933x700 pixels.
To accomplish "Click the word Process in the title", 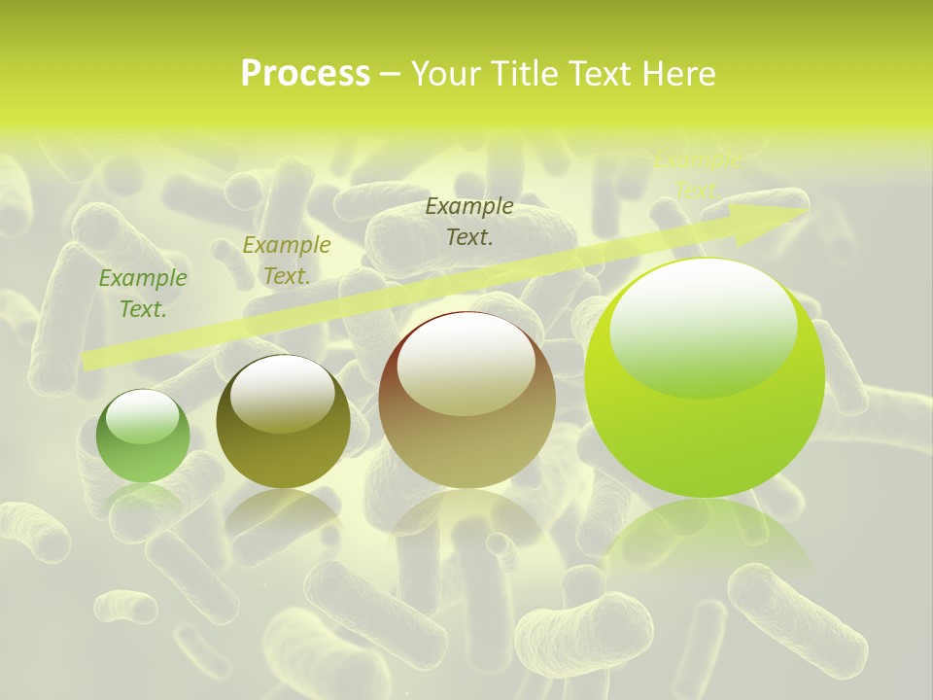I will click(x=305, y=74).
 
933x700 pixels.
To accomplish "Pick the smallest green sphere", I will click(x=143, y=437).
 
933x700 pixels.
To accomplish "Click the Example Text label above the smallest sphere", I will click(x=143, y=294).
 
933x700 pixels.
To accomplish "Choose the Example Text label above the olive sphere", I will click(x=286, y=261).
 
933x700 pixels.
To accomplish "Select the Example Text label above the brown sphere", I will click(x=469, y=221).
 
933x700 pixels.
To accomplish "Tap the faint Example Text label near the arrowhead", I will click(x=696, y=175).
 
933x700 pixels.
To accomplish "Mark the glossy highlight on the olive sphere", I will click(x=283, y=392).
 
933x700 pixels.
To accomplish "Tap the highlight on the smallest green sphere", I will click(x=142, y=417).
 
